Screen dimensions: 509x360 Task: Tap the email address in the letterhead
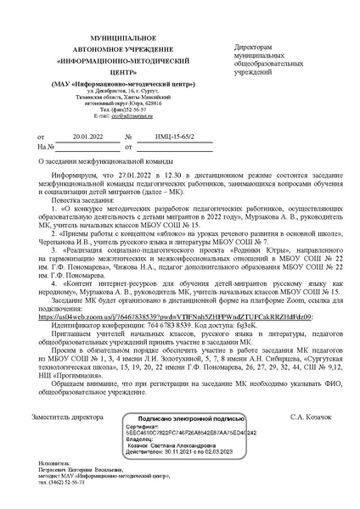(x=115, y=116)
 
